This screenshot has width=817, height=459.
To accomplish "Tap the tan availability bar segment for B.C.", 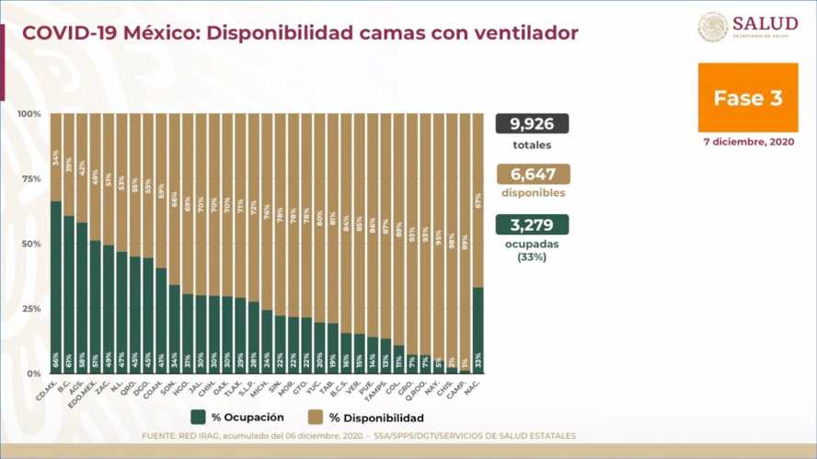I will point(69,165).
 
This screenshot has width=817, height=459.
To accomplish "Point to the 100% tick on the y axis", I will point(29,113).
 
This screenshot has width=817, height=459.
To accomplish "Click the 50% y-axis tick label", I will point(30,244).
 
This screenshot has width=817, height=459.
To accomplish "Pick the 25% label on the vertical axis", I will point(30,308).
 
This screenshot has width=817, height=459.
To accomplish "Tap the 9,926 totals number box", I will point(532,124).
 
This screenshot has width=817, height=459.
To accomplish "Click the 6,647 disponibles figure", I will point(532,174).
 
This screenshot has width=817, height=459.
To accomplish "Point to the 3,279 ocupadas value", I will point(532,224).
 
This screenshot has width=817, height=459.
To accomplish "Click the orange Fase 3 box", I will point(747,98).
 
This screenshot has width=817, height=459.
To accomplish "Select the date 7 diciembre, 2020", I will point(747,143).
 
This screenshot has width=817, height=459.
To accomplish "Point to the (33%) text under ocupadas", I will point(532,258).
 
